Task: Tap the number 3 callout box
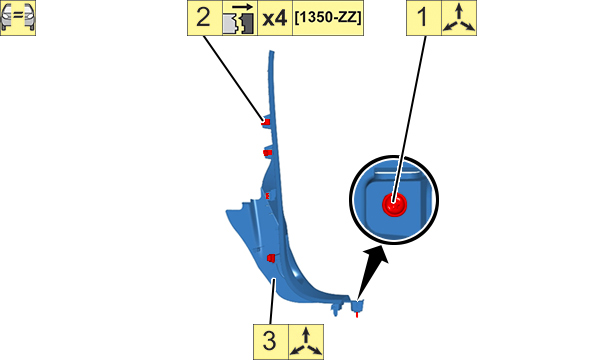coord(271,342)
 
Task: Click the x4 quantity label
coord(275,18)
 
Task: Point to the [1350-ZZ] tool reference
coord(328,18)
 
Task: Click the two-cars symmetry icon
coord(18,18)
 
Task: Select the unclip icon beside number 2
coord(240,18)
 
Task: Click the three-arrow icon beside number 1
coord(459,18)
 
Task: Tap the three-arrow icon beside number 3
coord(306,342)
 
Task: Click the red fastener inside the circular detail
coord(395,204)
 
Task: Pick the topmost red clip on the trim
coord(266,122)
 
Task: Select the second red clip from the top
coord(268,152)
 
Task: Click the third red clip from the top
coord(267,195)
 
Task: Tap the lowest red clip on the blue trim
coord(271,258)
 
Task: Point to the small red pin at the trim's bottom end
coord(357,314)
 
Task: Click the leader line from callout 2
coord(233,78)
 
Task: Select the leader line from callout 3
coord(272,301)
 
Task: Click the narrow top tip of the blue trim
coord(271,52)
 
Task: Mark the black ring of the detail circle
coord(394,157)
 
